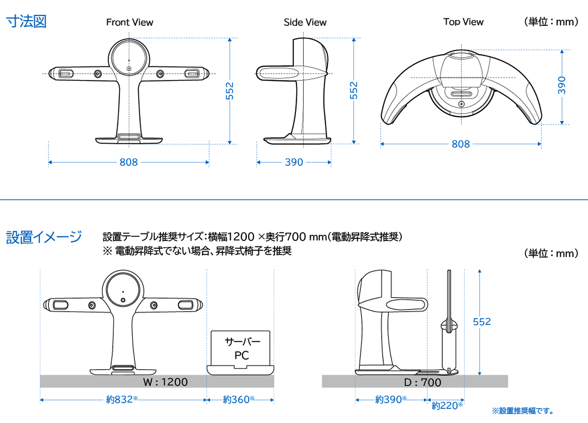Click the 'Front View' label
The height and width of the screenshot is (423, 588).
tap(129, 22)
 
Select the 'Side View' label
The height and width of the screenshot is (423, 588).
tap(305, 22)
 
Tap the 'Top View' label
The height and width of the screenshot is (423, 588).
tap(463, 22)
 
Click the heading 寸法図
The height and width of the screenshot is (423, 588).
tap(26, 21)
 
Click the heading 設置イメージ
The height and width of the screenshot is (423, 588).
tap(44, 237)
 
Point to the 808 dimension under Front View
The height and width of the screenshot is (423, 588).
tap(129, 162)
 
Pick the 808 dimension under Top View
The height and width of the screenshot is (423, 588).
tap(461, 144)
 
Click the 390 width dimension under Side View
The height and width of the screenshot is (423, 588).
tap(294, 162)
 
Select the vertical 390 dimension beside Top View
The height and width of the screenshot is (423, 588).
tap(562, 85)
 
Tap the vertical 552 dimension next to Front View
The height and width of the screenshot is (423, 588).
tap(230, 91)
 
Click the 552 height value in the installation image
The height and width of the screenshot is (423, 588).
tap(482, 322)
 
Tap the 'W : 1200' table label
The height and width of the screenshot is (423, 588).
tap(165, 382)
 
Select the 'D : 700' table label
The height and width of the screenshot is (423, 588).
tap(423, 382)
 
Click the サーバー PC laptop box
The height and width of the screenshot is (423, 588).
tap(241, 349)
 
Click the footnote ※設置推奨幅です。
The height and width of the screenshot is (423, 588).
tap(523, 411)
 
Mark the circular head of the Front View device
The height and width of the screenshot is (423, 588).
tap(129, 58)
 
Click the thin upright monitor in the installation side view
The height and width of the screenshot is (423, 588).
tap(449, 321)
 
